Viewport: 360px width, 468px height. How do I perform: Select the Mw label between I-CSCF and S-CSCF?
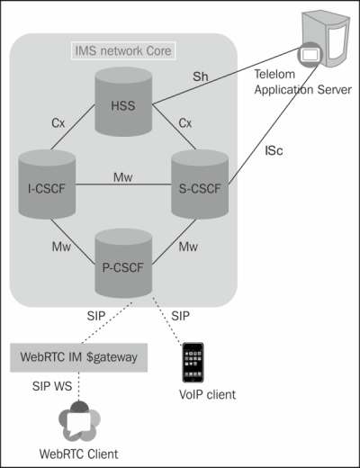click(122, 179)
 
